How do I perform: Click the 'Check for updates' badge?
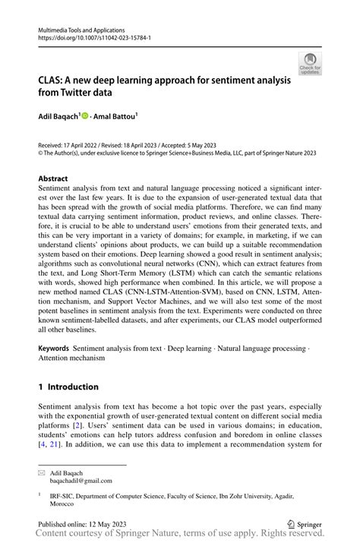[311, 63]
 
